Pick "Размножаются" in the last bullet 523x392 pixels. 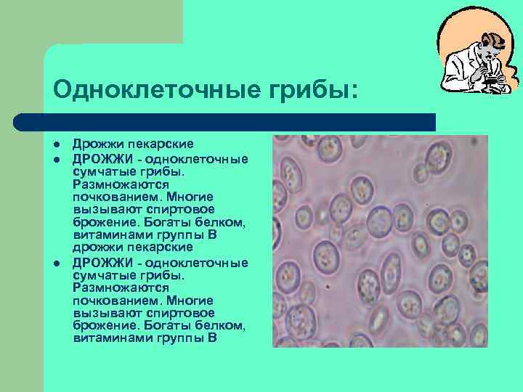coord(118,287)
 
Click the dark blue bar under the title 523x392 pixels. coord(225,121)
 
